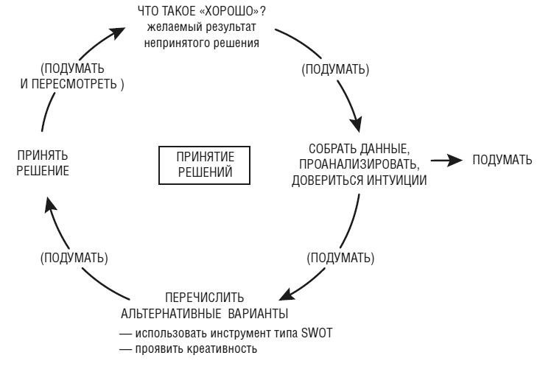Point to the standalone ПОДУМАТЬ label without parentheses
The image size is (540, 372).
502,160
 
